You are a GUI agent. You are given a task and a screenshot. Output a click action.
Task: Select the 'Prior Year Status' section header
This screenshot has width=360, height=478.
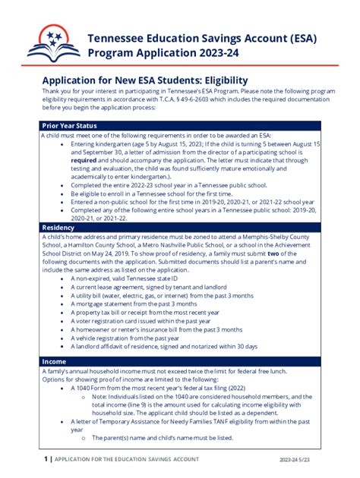coord(69,125)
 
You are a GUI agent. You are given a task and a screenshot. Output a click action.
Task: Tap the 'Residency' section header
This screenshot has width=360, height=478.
coord(58,227)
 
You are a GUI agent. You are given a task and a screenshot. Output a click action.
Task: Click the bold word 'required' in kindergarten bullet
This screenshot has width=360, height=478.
coord(87,161)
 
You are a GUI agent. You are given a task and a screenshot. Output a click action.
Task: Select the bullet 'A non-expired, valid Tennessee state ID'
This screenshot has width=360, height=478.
coord(137,279)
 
